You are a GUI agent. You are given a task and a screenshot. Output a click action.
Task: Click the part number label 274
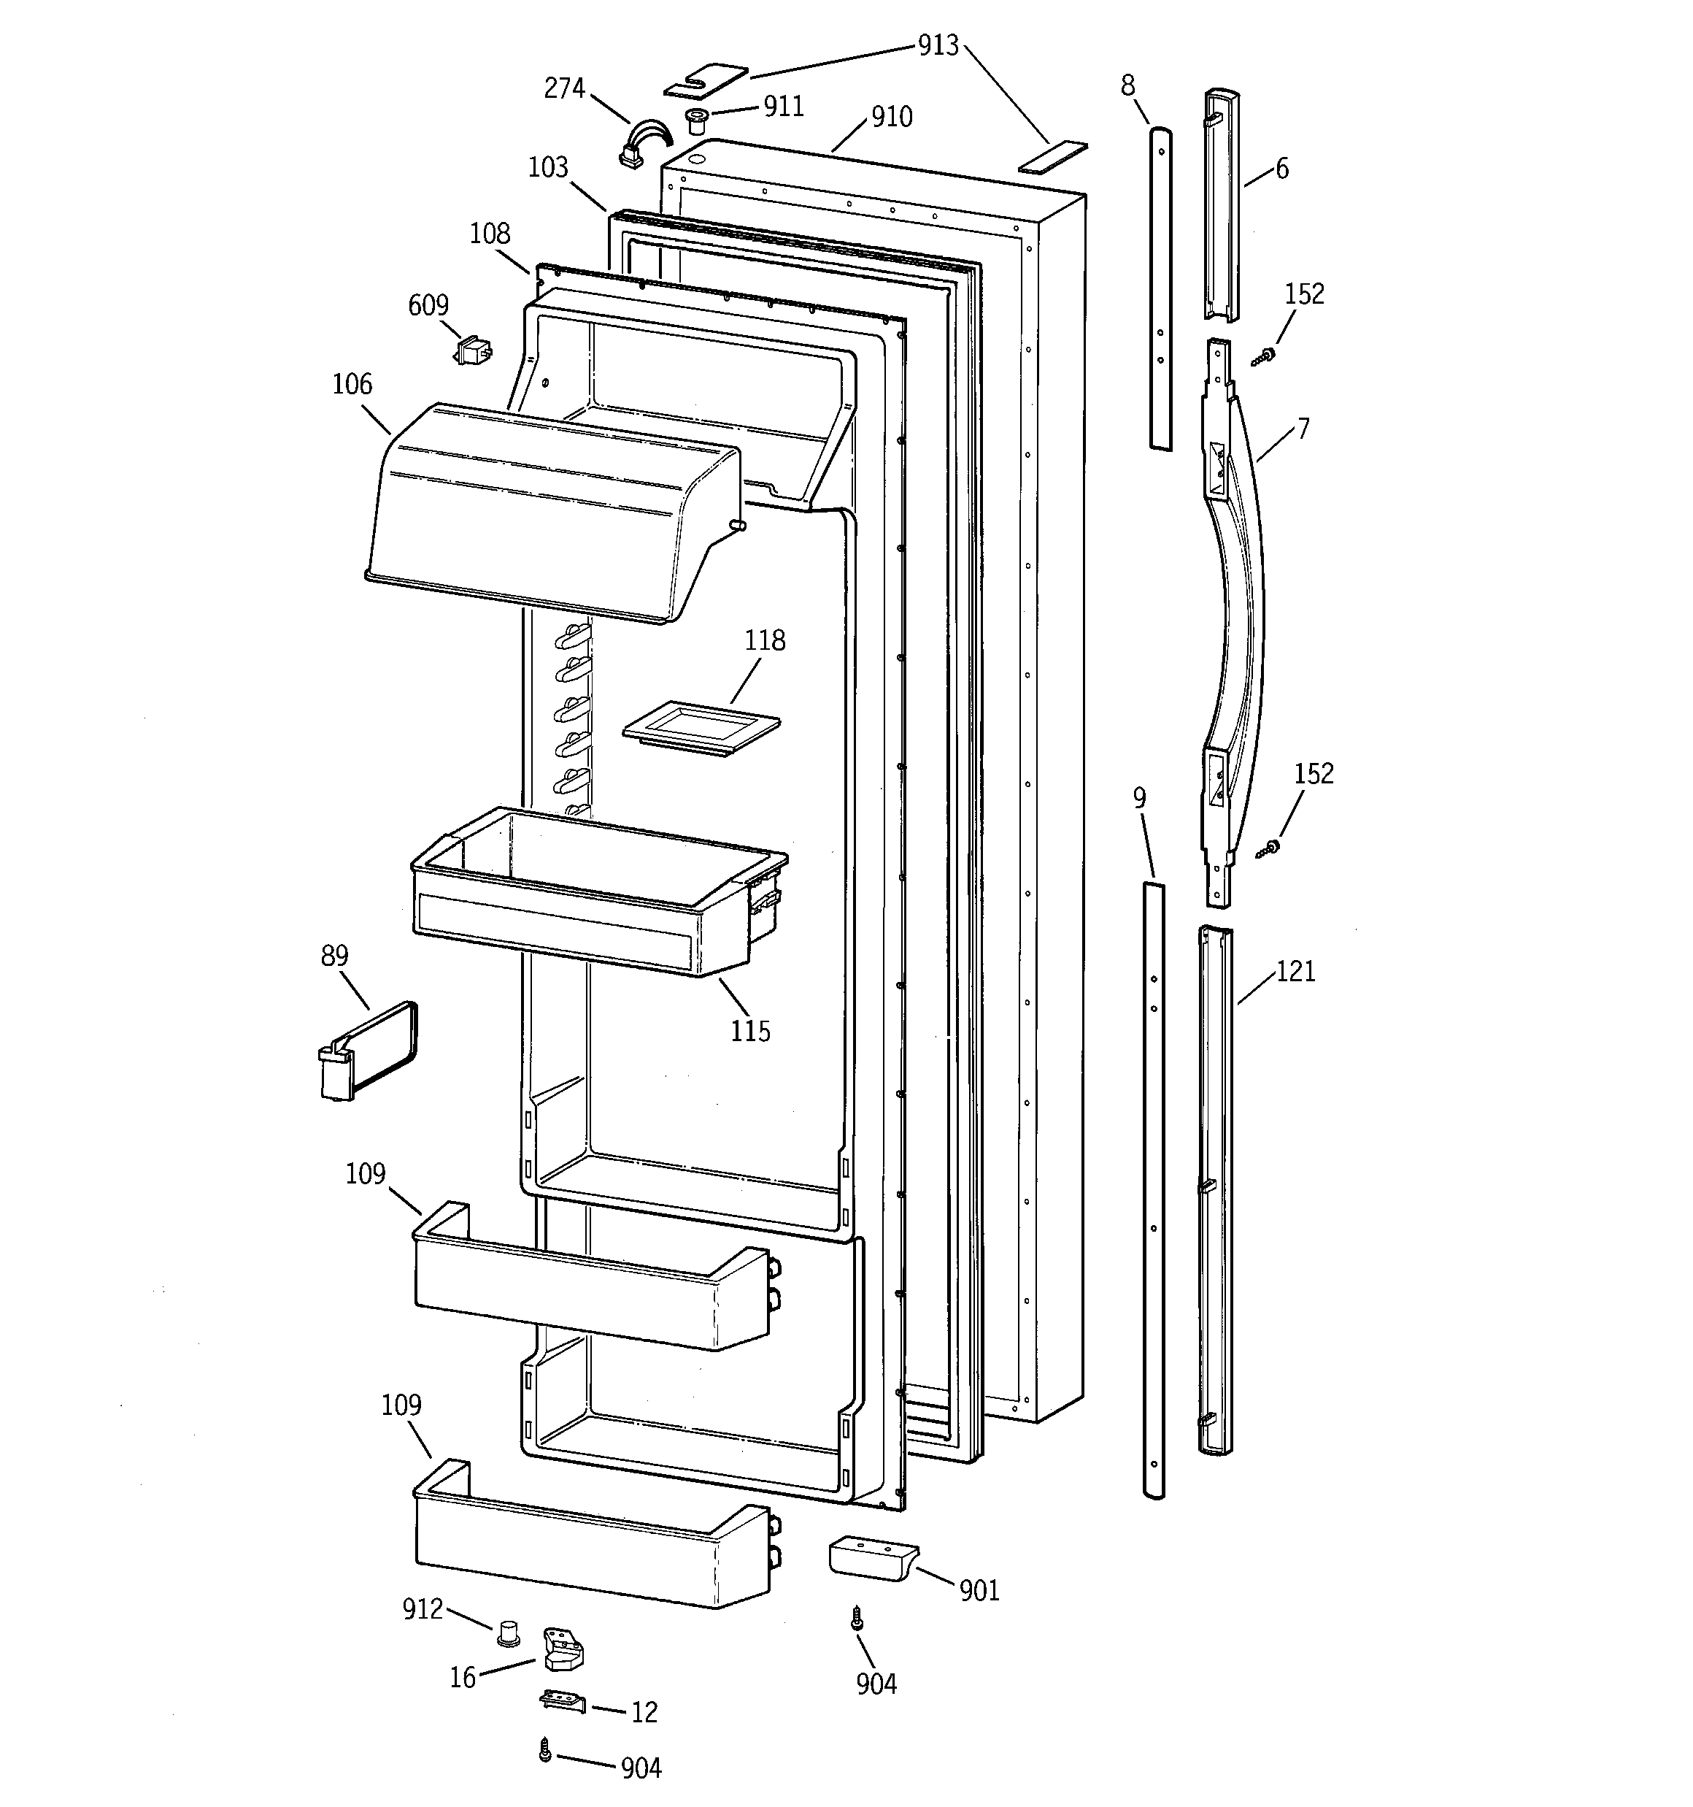point(563,88)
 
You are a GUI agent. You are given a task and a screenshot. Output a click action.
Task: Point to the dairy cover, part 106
point(545,518)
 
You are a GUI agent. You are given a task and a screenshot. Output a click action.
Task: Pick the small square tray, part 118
point(701,727)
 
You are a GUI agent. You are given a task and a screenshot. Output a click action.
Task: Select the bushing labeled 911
point(696,119)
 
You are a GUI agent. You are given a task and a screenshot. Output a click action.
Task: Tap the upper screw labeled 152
point(1262,356)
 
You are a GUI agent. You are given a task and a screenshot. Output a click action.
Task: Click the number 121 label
point(1295,972)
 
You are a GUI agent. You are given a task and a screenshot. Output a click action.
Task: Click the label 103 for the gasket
point(548,167)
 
